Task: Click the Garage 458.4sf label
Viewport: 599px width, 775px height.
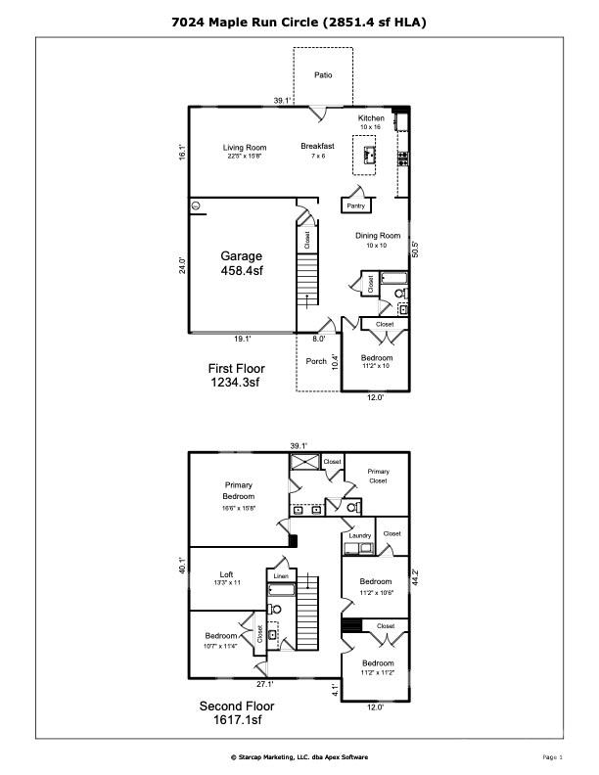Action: pyautogui.click(x=241, y=263)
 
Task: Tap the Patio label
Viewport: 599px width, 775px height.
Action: pyautogui.click(x=323, y=74)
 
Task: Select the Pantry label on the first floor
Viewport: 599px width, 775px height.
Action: pyautogui.click(x=354, y=205)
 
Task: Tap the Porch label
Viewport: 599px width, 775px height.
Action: pyautogui.click(x=316, y=361)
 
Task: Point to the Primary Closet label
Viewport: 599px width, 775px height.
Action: pyautogui.click(x=378, y=476)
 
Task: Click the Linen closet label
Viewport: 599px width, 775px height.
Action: pyautogui.click(x=281, y=576)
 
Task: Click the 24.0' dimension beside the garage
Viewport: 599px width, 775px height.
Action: pyautogui.click(x=182, y=266)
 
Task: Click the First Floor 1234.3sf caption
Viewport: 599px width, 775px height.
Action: pyautogui.click(x=235, y=376)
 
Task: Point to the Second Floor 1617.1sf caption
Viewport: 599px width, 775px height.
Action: pyautogui.click(x=237, y=712)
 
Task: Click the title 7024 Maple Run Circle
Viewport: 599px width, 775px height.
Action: pyautogui.click(x=299, y=21)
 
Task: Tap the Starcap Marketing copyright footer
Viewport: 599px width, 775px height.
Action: pyautogui.click(x=299, y=756)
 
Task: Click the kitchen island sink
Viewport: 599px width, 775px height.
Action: pyautogui.click(x=370, y=154)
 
